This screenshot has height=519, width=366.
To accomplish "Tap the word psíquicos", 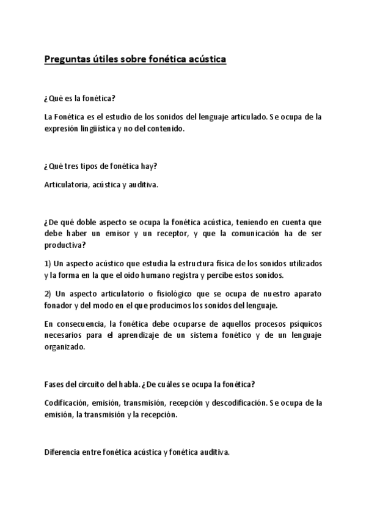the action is click(x=306, y=323).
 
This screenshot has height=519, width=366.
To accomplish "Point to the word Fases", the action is click(x=55, y=384).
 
